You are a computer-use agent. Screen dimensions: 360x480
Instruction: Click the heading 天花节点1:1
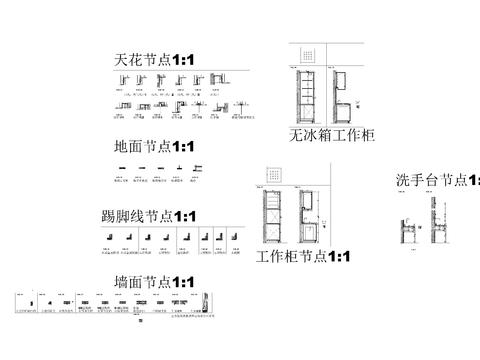pos(161,62)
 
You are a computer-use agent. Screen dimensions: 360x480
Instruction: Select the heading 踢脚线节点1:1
pos(149,216)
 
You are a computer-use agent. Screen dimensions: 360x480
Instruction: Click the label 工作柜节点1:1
pos(303,257)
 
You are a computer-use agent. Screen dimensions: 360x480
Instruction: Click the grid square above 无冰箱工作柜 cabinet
pos(309,55)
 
